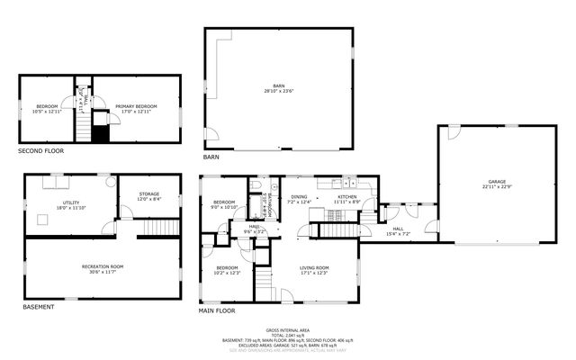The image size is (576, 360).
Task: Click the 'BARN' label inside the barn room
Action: click(279, 86)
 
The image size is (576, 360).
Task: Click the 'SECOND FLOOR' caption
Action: click(41, 151)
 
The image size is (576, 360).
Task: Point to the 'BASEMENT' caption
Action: click(39, 307)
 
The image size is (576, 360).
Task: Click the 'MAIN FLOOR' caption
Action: click(217, 310)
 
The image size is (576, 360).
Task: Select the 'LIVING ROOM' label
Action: click(314, 267)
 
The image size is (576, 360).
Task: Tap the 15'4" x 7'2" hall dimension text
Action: click(398, 233)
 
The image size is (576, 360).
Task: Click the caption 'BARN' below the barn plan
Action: click(211, 157)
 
